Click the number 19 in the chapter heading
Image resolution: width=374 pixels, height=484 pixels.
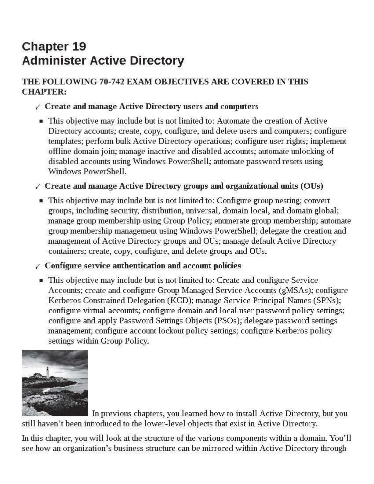tap(79, 46)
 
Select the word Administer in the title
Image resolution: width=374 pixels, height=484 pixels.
tap(54, 60)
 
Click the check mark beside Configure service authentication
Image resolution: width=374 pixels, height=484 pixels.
tap(38, 267)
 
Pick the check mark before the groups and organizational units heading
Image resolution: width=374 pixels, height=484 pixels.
tap(38, 187)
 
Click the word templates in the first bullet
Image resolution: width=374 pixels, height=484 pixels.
tap(65, 141)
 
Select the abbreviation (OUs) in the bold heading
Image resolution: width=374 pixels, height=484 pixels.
tap(311, 186)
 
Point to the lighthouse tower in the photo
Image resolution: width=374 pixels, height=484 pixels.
tap(48, 373)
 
